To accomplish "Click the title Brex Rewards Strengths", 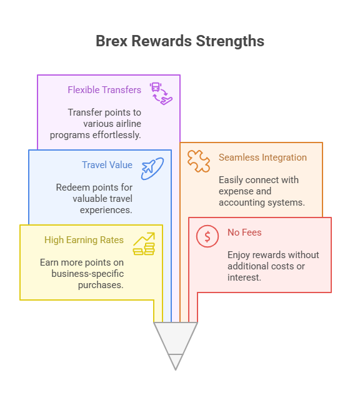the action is pyautogui.click(x=180, y=41).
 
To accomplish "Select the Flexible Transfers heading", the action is pyautogui.click(x=104, y=90).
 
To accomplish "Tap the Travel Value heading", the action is pyautogui.click(x=107, y=165).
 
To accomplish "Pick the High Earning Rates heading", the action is pyautogui.click(x=84, y=240).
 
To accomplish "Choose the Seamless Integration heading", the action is pyautogui.click(x=262, y=157).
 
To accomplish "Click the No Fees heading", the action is pyautogui.click(x=244, y=232).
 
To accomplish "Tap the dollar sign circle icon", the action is pyautogui.click(x=207, y=236).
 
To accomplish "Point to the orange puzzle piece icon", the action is pyautogui.click(x=199, y=161).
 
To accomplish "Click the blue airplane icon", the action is pyautogui.click(x=152, y=169).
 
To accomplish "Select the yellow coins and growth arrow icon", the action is pyautogui.click(x=144, y=244).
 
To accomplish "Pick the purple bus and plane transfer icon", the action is pyautogui.click(x=161, y=94).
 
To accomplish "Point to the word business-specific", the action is pyautogui.click(x=87, y=274).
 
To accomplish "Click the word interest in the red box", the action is pyautogui.click(x=244, y=277).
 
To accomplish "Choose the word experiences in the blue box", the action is pyautogui.click(x=106, y=210).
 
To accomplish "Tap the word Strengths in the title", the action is pyautogui.click(x=230, y=41).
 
